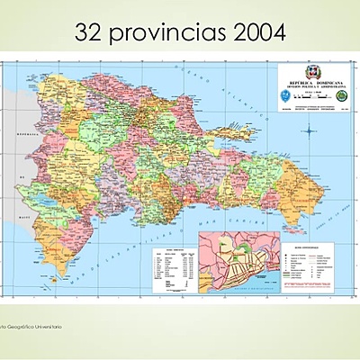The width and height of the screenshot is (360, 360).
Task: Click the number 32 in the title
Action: pos(91,33)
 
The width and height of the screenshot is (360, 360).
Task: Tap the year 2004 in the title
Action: pos(256,33)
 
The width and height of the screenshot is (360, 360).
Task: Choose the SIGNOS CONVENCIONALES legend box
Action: pos(310,265)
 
